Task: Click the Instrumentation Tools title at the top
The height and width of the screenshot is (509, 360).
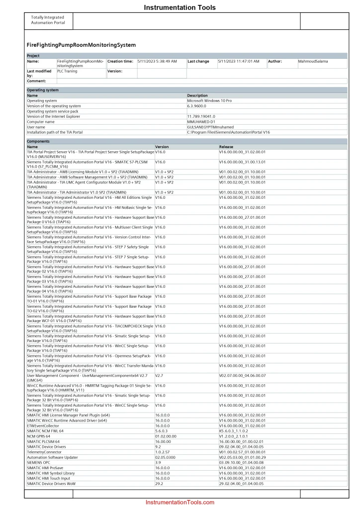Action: coord(180,7)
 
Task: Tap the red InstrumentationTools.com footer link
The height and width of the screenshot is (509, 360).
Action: coord(180,502)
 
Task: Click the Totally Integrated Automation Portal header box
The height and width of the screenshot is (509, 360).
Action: coord(48,20)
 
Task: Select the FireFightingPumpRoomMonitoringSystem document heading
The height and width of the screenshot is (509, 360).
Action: coord(81,45)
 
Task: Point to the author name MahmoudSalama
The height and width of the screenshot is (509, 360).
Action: coord(314,62)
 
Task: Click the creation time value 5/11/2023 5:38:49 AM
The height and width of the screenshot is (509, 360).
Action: coord(157,62)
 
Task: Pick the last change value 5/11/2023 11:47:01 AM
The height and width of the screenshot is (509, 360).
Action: coord(239,62)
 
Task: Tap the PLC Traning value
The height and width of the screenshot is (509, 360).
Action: coord(68,72)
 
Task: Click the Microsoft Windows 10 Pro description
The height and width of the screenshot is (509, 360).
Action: coord(209,101)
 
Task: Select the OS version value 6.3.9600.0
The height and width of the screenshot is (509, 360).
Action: coord(197,106)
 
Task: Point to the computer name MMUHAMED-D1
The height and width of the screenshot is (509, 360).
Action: coord(201,122)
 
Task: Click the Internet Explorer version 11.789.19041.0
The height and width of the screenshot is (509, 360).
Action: coord(201,116)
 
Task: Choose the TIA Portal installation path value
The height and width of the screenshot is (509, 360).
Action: coord(228,132)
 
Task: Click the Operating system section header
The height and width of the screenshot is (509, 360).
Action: coord(43,90)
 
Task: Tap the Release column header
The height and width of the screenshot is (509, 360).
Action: coord(226,147)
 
